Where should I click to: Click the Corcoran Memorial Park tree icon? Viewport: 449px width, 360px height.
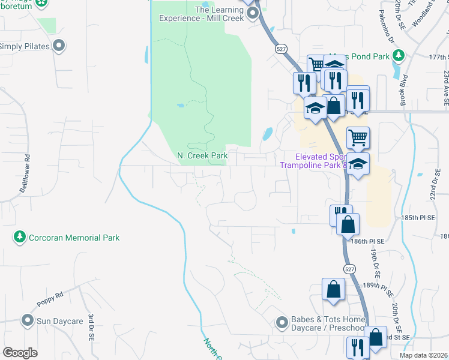coord(20,238)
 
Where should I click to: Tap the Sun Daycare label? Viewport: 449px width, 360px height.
coord(59,321)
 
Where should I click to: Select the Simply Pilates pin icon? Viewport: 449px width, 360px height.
coord(59,46)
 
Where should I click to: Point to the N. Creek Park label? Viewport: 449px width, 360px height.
coord(202,156)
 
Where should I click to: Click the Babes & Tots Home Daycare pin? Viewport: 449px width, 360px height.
coord(282,323)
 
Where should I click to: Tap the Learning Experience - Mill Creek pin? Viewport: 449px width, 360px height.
coord(253,13)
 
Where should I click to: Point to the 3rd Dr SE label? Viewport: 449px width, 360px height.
coord(91,327)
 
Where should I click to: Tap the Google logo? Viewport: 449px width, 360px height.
coord(20,353)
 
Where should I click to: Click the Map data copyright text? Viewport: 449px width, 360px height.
coord(424,355)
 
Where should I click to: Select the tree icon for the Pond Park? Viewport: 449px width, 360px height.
coord(398,56)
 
